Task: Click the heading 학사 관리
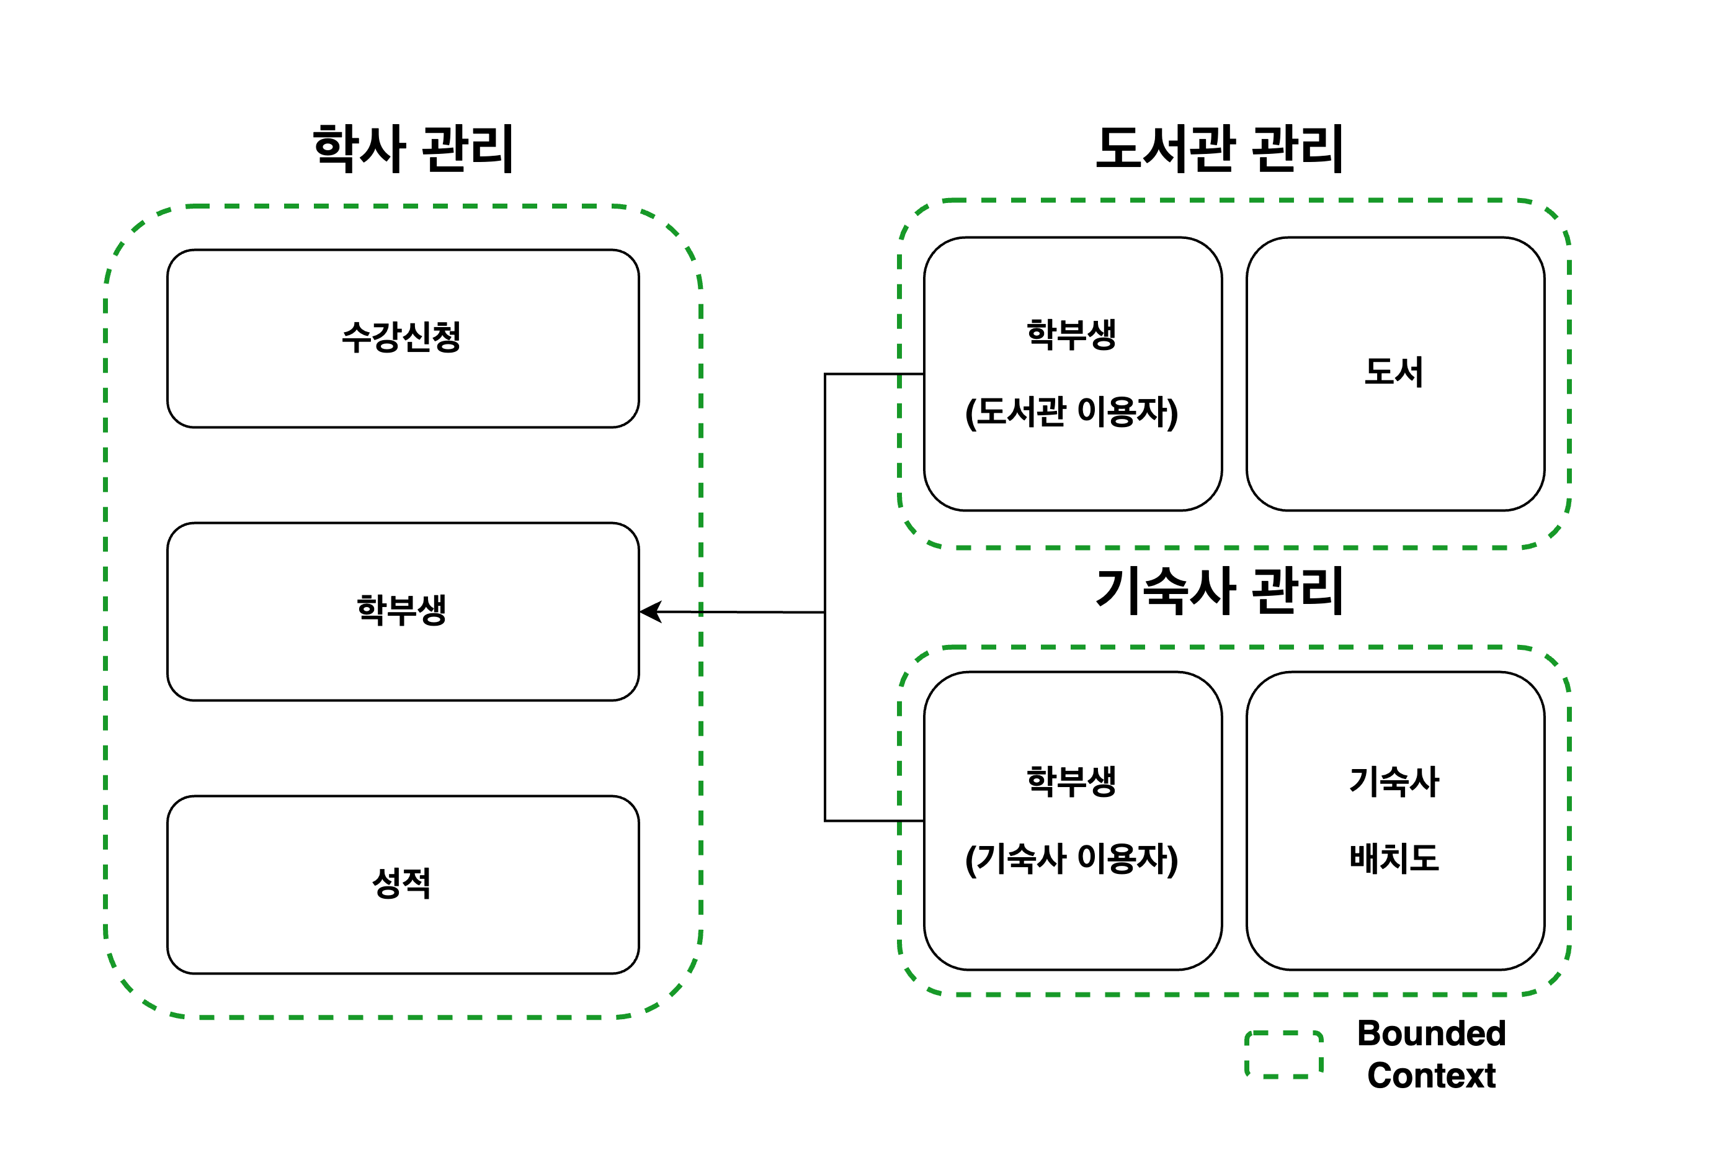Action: click(x=413, y=149)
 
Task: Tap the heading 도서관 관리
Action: click(x=1219, y=149)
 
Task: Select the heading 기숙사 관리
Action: click(x=1219, y=591)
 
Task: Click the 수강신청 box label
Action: click(x=402, y=338)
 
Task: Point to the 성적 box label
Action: click(x=402, y=883)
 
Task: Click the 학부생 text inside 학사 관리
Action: click(x=402, y=610)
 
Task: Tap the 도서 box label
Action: click(x=1393, y=372)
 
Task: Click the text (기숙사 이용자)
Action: click(x=1071, y=859)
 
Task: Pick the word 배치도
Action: click(x=1394, y=858)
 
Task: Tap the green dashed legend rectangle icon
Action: click(x=1284, y=1055)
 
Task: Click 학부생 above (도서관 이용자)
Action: click(x=1071, y=335)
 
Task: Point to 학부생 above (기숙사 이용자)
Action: click(x=1071, y=781)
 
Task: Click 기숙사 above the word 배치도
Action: click(x=1394, y=781)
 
